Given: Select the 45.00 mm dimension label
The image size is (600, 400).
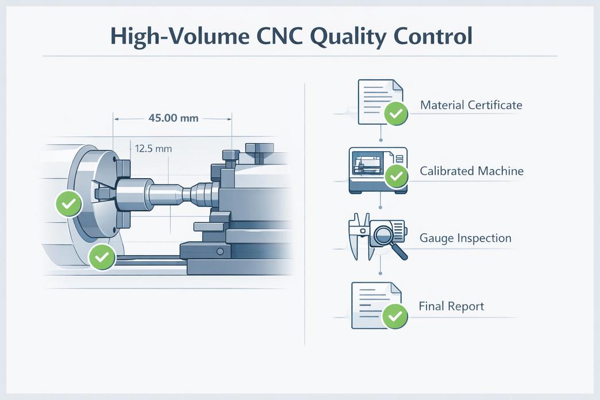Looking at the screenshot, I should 173,118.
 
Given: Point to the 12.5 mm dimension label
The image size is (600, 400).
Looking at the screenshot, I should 153,148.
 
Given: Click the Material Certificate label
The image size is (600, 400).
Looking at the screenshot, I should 471,105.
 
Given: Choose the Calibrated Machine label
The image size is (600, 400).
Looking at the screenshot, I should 471,171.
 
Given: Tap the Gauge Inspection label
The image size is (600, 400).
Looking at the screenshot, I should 466,238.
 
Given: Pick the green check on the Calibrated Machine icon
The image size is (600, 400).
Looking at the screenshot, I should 395,176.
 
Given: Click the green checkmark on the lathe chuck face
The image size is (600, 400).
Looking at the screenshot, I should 68,203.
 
